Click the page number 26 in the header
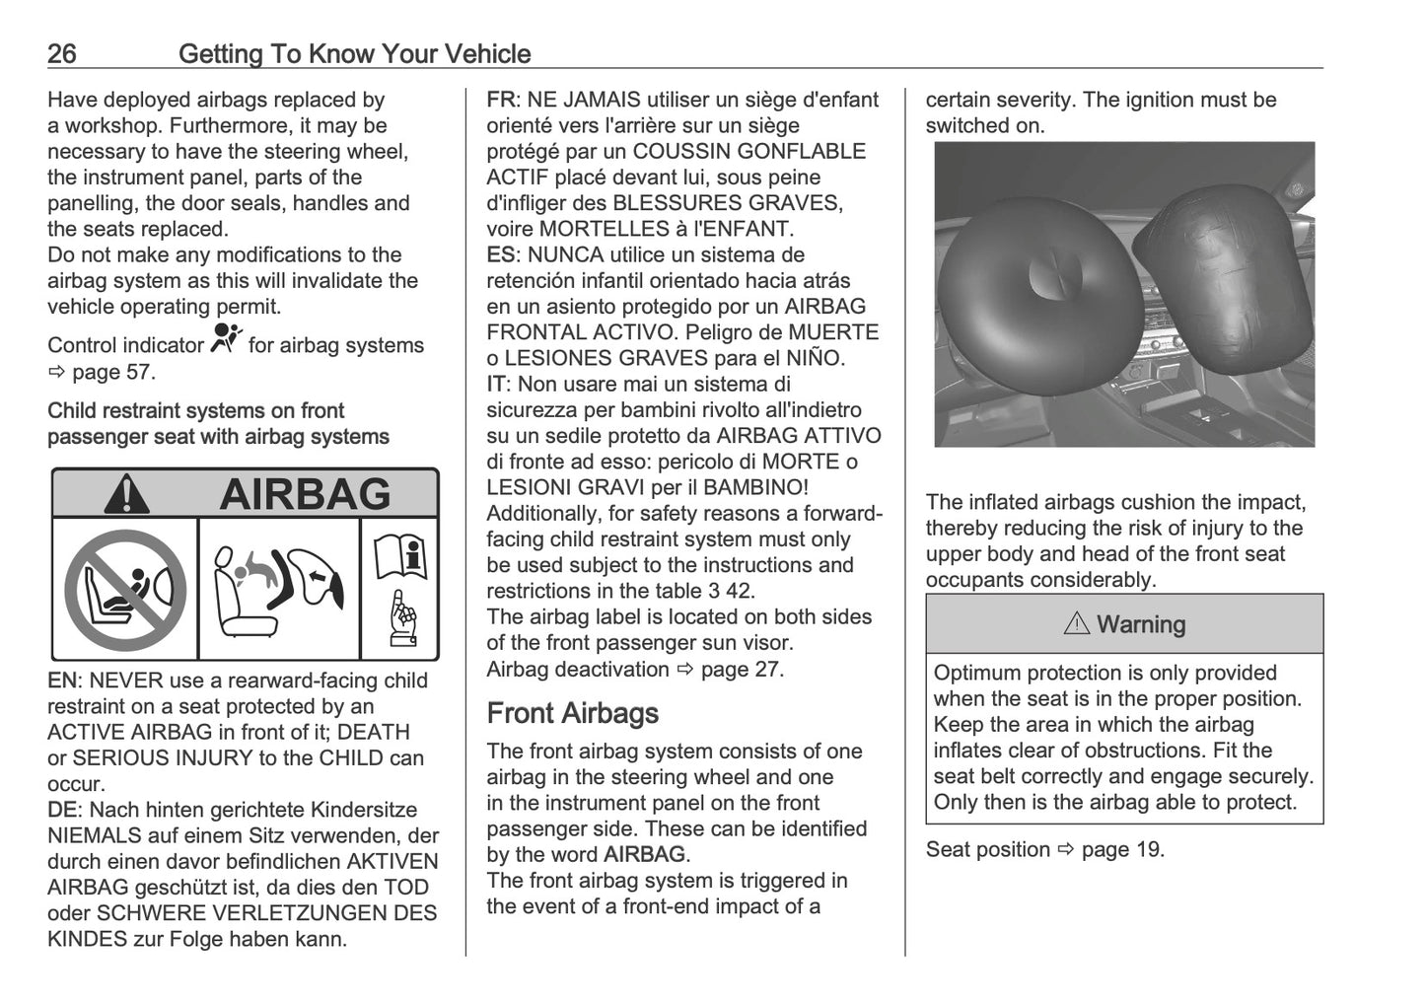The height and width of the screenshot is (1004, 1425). [x=62, y=53]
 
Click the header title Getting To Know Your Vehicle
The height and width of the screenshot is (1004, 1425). [x=354, y=53]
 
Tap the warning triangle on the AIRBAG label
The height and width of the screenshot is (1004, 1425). [x=126, y=494]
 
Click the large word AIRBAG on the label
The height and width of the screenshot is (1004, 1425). [x=305, y=494]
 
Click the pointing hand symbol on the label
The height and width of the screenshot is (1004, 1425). [x=401, y=618]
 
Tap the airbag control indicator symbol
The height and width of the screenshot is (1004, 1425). [x=226, y=340]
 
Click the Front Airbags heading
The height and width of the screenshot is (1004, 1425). [x=572, y=713]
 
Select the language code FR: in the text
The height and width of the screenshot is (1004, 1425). [x=504, y=100]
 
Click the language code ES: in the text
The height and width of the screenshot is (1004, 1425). [x=504, y=254]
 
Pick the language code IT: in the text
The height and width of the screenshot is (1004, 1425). [x=499, y=384]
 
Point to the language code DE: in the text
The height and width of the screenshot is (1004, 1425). [x=65, y=810]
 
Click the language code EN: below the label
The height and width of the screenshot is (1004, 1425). [x=65, y=681]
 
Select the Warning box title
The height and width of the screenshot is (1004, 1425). [x=1124, y=624]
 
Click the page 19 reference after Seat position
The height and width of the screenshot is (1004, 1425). [x=1121, y=849]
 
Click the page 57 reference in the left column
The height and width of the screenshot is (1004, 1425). [x=111, y=372]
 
